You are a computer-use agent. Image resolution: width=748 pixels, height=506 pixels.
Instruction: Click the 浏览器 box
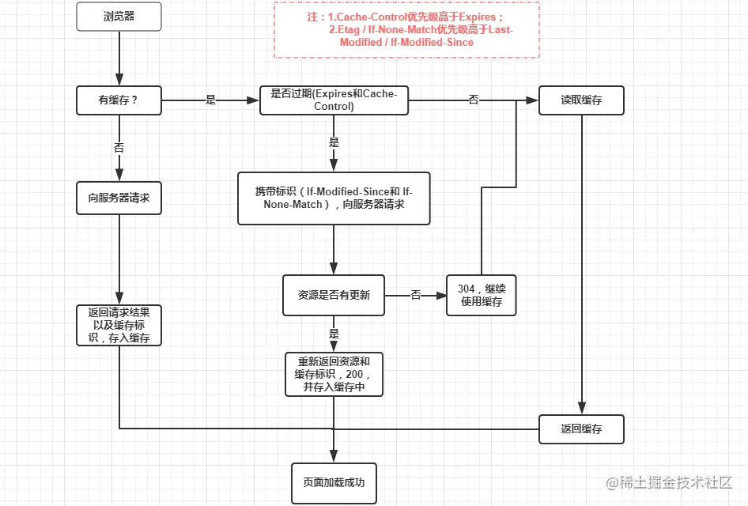(x=119, y=17)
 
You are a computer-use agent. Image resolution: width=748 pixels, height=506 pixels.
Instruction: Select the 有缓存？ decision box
(x=119, y=100)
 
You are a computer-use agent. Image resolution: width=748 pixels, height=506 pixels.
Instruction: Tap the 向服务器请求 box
(x=119, y=198)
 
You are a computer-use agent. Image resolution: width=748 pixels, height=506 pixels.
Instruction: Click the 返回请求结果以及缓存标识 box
(x=119, y=325)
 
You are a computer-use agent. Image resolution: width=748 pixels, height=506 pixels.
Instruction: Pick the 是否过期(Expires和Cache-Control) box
(x=334, y=100)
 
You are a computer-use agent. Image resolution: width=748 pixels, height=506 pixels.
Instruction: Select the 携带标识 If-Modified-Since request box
(x=334, y=198)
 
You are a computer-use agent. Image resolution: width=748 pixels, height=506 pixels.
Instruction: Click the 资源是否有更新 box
(x=334, y=295)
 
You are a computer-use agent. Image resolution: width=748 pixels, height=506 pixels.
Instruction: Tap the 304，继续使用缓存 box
(x=481, y=295)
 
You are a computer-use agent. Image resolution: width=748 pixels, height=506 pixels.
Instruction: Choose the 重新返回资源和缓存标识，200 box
(x=334, y=374)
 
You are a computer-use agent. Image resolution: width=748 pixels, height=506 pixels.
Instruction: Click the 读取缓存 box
(x=581, y=100)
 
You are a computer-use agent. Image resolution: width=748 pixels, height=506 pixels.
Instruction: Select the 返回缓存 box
(x=581, y=429)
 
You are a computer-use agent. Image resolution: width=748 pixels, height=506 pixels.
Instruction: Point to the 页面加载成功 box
(x=334, y=482)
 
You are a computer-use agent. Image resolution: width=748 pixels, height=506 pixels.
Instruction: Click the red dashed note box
(x=406, y=29)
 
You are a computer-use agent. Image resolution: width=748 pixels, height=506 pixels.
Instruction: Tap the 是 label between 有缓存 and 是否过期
(x=210, y=100)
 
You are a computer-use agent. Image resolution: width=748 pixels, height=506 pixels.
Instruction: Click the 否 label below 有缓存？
(x=119, y=147)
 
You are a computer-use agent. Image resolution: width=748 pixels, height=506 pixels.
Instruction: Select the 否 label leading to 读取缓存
(x=474, y=100)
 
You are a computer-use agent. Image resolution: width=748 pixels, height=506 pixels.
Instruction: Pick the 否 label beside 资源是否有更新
(x=416, y=295)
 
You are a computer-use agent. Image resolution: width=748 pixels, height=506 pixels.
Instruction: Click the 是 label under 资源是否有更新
(x=334, y=334)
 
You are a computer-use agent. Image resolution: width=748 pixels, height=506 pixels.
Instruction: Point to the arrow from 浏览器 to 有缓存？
(x=119, y=59)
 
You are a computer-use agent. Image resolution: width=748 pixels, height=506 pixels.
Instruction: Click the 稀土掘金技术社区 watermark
(x=669, y=482)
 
